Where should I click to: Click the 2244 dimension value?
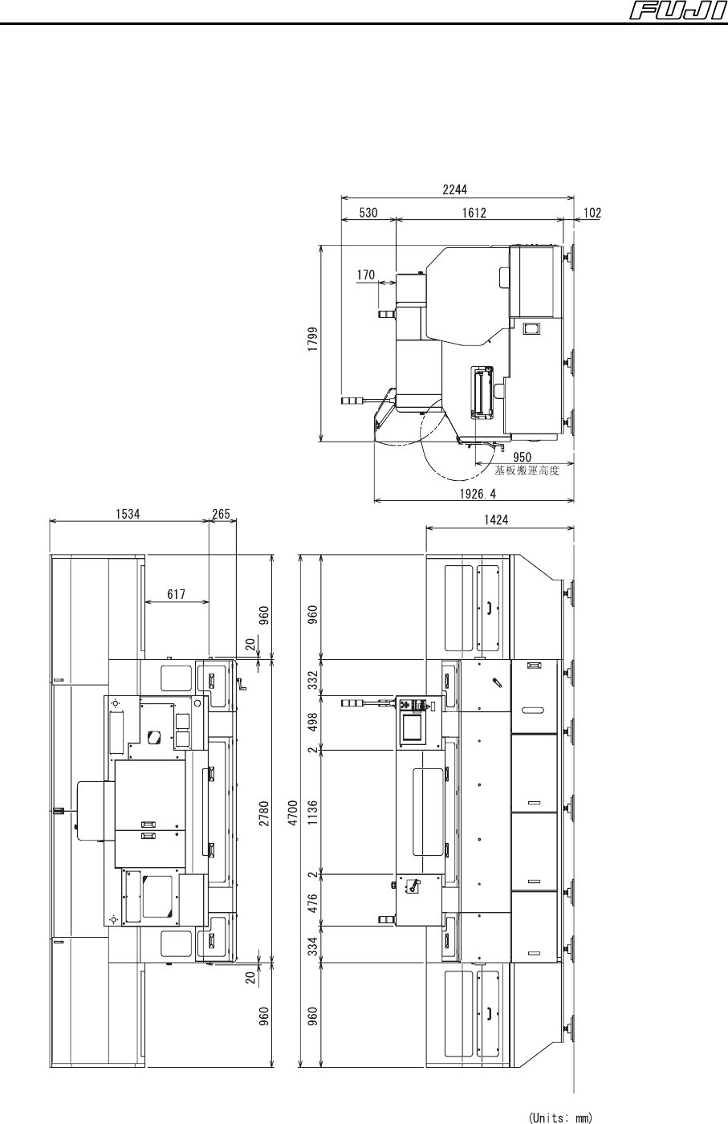coord(454,189)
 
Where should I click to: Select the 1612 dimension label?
coord(474,213)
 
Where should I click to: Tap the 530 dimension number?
coord(368,213)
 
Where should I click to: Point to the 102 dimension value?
coord(592,213)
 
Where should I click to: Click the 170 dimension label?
coord(366,275)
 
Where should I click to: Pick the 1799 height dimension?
coord(313,339)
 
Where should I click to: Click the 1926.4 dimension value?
coord(478,494)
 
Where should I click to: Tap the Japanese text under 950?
coord(527,470)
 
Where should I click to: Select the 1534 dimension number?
coord(128,514)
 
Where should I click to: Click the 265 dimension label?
coord(221,514)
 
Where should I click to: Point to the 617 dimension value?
coord(176,595)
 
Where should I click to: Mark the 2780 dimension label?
coord(264,813)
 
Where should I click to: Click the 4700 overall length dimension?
coord(294,812)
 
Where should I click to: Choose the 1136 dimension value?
coord(312,812)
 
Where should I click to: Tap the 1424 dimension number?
coord(496,520)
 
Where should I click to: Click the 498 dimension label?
coord(312,722)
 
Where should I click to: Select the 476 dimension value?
coord(312,903)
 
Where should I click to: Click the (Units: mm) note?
coord(560,1118)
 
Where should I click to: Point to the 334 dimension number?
coord(312,946)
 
